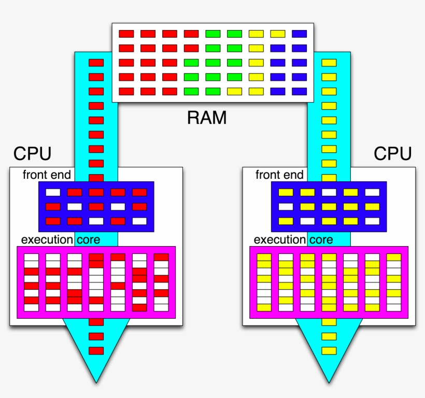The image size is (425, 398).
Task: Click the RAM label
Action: [207, 118]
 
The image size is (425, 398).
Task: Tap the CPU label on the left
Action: [32, 154]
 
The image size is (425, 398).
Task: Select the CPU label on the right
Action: [393, 154]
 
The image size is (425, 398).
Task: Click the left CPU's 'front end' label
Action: [47, 175]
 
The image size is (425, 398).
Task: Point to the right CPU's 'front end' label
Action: [279, 175]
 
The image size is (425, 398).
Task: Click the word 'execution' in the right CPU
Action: [280, 240]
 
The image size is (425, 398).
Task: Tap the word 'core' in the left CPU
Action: [89, 240]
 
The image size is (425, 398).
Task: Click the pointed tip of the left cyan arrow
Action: [96, 382]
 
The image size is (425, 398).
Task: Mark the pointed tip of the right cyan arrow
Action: [329, 382]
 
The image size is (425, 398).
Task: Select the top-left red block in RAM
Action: [126, 34]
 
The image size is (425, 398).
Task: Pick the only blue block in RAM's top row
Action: [299, 34]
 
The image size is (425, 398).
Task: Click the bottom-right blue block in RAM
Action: [299, 92]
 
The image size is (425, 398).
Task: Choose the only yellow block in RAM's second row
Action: [256, 49]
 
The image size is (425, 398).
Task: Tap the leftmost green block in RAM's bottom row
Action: [191, 92]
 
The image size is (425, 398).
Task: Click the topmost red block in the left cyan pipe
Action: [96, 63]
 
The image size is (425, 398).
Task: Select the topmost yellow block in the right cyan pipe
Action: [329, 63]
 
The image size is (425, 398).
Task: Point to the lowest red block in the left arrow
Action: [96, 351]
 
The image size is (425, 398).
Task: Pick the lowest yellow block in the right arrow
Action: [329, 351]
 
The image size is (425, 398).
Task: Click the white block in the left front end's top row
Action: [53, 192]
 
